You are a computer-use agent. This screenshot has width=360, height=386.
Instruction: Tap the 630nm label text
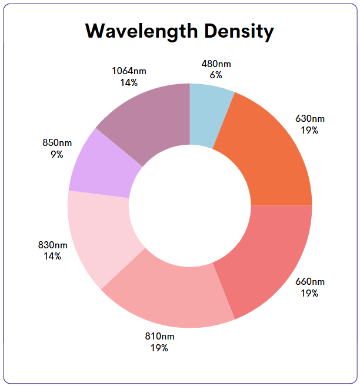(x=309, y=119)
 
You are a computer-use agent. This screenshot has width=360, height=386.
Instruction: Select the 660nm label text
(x=309, y=282)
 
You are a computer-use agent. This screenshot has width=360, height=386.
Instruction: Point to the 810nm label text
(x=159, y=337)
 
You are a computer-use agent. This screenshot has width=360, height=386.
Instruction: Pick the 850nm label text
(x=56, y=143)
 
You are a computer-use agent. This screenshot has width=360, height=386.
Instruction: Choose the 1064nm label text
(x=129, y=71)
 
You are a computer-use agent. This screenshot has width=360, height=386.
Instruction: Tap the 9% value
(x=56, y=154)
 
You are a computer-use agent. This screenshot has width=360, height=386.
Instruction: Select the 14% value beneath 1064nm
(x=129, y=82)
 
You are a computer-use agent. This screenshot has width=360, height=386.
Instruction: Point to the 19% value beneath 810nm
(x=159, y=348)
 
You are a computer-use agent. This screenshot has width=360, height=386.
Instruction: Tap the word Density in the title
(x=239, y=32)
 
